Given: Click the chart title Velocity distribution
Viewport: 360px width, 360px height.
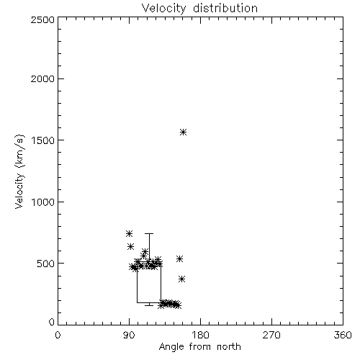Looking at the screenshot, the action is [x=199, y=8].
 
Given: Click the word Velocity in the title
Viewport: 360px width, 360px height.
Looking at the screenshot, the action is [x=163, y=9].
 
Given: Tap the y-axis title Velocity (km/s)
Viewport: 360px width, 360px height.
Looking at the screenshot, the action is [x=19, y=171].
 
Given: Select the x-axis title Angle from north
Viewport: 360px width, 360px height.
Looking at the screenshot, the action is [x=199, y=347].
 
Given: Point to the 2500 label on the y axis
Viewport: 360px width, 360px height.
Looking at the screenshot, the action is [x=42, y=19].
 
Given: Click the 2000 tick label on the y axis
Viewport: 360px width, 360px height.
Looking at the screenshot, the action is [x=42, y=78].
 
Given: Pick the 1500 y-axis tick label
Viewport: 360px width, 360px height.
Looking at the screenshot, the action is [x=43, y=140].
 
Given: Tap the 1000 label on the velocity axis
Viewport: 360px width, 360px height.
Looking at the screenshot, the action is [x=43, y=202].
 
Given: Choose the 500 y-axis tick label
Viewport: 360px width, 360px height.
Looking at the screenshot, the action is [x=46, y=264].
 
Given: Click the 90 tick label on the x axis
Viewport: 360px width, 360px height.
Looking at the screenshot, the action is [x=129, y=335].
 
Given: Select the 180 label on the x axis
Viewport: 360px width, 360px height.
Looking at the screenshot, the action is [x=200, y=335].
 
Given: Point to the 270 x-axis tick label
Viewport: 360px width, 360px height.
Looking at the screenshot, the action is [x=271, y=335].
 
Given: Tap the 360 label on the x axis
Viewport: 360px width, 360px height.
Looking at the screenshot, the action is [x=343, y=335].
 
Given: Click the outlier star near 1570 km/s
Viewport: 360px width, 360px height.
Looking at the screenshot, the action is [x=184, y=132].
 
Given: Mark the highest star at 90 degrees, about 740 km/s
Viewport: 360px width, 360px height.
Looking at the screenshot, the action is [x=130, y=233].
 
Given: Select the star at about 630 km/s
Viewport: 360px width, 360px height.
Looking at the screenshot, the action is [x=130, y=246].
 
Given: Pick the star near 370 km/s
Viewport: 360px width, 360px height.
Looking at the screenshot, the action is [x=181, y=279].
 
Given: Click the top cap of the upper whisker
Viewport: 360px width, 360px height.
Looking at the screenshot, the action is [x=149, y=233].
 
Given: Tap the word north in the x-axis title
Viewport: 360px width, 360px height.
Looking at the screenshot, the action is [x=229, y=347].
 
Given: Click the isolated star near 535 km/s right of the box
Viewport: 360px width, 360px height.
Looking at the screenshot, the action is [x=180, y=259].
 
